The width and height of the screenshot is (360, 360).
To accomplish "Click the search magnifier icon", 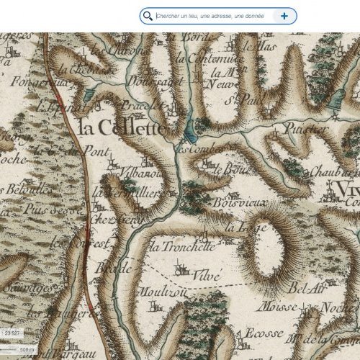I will (x=148, y=16).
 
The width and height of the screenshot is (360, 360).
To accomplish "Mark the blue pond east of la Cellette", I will (x=189, y=130).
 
